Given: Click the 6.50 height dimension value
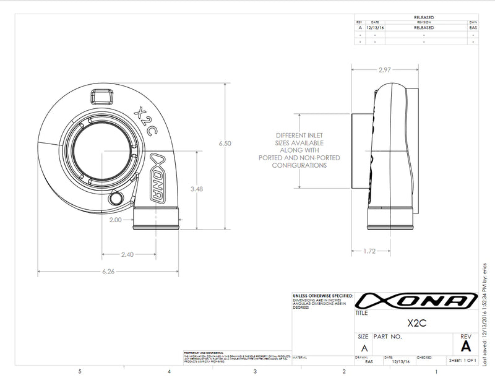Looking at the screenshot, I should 225,144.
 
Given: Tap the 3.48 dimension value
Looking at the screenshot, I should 197,189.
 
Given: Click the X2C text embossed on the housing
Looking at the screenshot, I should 143,117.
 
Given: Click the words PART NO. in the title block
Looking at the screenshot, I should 388,337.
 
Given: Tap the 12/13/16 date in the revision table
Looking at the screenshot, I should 375,27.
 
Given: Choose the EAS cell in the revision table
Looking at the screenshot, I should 473,27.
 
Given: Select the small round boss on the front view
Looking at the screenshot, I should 115,197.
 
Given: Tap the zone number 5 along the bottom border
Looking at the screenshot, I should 80,372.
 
